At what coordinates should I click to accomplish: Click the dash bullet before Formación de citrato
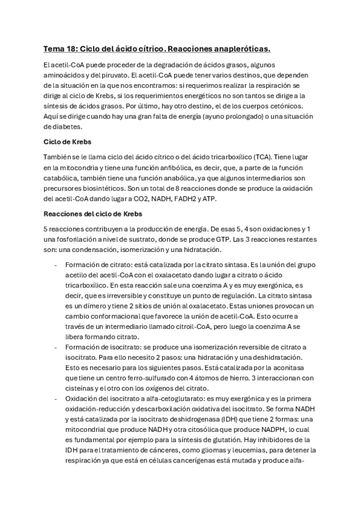click(55, 265)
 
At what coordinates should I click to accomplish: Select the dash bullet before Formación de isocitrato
click(55, 346)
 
